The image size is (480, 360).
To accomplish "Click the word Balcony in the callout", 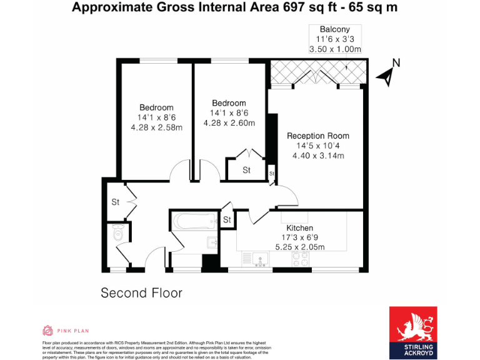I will pos(334,29).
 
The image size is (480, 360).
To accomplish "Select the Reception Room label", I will pos(318,136).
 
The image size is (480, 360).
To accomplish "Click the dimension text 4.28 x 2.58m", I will pos(156,127).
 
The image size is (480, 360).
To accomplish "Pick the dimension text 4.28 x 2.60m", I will pos(229,123).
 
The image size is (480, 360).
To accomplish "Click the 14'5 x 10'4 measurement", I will pos(318,146).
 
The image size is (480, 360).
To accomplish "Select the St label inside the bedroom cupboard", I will pos(246,170).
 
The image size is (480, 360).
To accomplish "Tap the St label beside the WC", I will pos(116,202).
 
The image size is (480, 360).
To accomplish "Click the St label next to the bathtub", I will pos(227,220).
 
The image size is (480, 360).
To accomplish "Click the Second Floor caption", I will pos(141,292).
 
